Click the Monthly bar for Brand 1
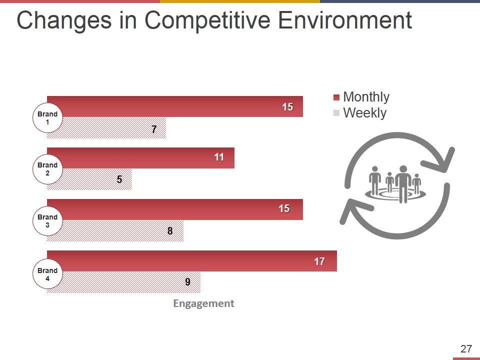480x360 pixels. click(175, 106)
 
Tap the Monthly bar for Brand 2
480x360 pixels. click(140, 157)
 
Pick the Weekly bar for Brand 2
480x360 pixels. click(95, 179)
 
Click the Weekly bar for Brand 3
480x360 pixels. click(120, 230)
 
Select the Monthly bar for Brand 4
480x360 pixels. click(190, 260)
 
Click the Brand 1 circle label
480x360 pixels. click(47, 118)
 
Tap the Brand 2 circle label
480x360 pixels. click(47, 169)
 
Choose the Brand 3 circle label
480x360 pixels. click(47, 221)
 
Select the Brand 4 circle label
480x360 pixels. click(47, 274)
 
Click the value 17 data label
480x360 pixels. click(319, 261)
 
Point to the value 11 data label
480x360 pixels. click(218, 157)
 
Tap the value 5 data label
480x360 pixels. click(119, 179)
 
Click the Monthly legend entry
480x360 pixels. click(361, 97)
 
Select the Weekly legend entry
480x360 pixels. click(360, 113)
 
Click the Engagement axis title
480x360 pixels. click(203, 303)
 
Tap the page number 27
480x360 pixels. click(466, 349)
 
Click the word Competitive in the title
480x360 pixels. click(208, 21)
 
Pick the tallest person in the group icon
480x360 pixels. click(402, 182)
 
